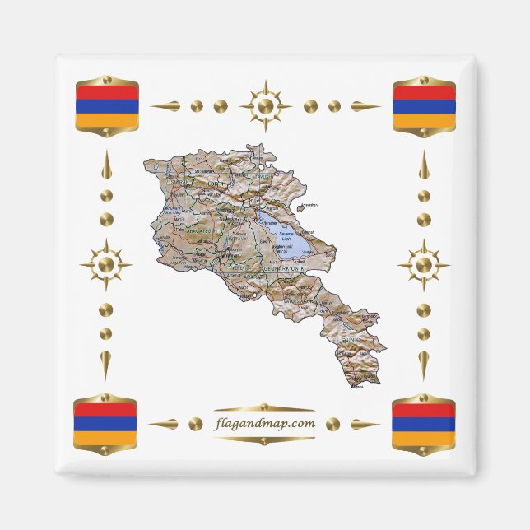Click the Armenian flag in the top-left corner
pos(105,105)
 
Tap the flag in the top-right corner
pos(424,105)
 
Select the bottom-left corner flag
pos(105,425)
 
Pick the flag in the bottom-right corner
pos(424,425)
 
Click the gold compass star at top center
pos(265,106)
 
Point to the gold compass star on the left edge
pos(105,265)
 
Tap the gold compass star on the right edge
pos(424,265)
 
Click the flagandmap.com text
pos(264,423)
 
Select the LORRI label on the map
pos(216,183)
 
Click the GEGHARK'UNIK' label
pos(284,269)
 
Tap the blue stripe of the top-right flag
pos(424,105)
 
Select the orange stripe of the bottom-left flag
pos(105,439)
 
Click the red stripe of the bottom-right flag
pos(424,411)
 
